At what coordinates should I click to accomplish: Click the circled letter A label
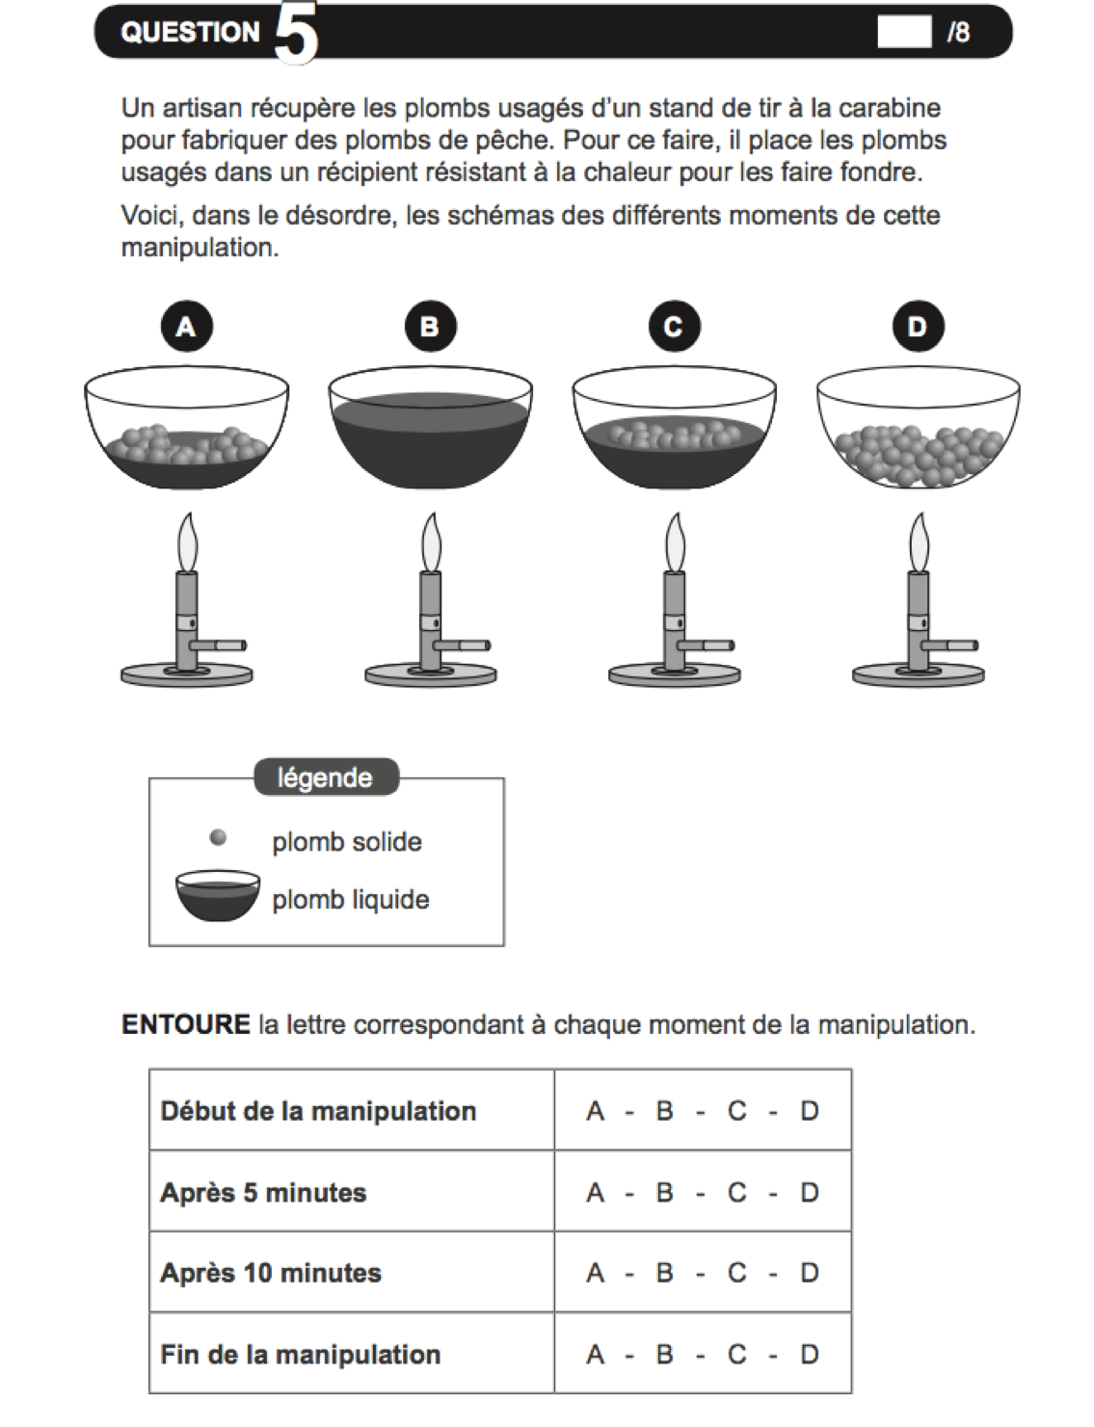pos(185,327)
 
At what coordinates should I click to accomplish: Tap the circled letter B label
pos(429,327)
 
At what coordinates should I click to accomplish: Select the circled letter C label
pos(673,327)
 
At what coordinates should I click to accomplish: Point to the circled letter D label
pos(917,327)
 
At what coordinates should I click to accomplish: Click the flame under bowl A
pos(187,542)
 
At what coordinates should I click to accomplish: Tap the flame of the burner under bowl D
pos(919,542)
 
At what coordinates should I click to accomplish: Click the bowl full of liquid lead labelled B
pos(430,434)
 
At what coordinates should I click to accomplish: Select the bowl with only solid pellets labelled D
pos(918,438)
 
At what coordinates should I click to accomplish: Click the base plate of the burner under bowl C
pos(675,675)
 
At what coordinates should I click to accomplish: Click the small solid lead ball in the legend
pos(219,837)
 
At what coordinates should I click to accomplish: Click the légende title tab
pos(325,778)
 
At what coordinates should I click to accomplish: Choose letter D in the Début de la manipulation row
pos(809,1111)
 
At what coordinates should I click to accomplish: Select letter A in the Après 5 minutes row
pos(595,1193)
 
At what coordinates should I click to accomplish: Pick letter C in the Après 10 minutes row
pos(736,1273)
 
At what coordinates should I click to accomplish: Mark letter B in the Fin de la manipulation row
pos(664,1355)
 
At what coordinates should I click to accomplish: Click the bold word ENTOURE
pos(185,1024)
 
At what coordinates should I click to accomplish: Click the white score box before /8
pos(903,32)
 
